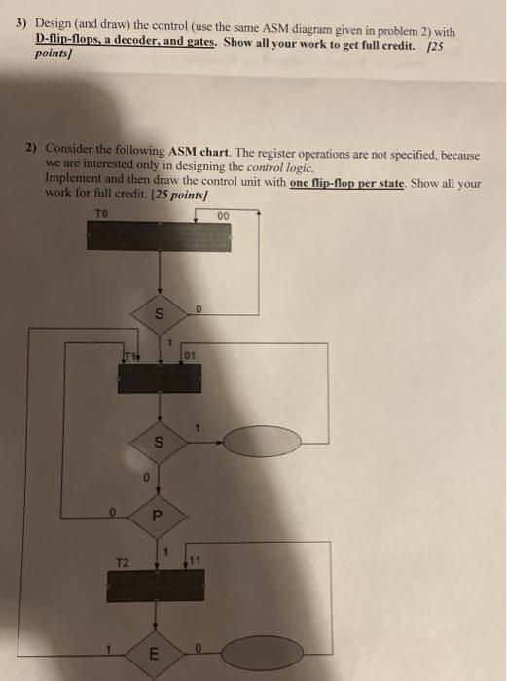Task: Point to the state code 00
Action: tap(223, 215)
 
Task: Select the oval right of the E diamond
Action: tap(254, 655)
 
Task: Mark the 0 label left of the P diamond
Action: tap(113, 507)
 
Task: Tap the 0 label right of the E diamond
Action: tap(197, 644)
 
